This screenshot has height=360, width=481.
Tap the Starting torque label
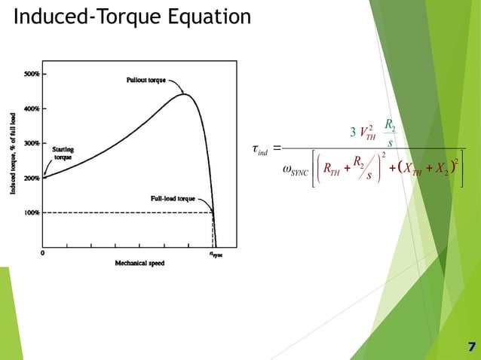click(62, 154)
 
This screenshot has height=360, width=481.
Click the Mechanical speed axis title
click(139, 264)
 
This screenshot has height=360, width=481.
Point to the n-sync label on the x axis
click(216, 255)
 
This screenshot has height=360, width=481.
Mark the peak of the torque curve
click(183, 94)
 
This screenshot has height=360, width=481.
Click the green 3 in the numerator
click(353, 134)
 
